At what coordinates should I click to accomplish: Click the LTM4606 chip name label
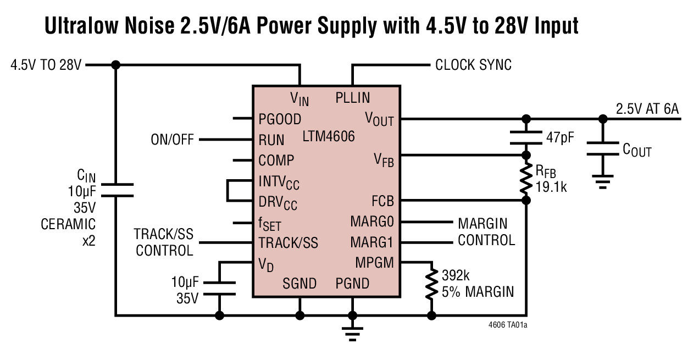tap(329, 136)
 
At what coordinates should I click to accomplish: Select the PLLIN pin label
tap(352, 98)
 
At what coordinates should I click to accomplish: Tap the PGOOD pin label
tap(280, 119)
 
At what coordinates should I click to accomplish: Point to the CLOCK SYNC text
tap(473, 65)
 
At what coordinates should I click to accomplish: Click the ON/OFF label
tap(172, 140)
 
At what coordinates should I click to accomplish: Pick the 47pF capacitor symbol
tap(526, 137)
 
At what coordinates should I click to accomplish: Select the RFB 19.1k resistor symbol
tap(526, 178)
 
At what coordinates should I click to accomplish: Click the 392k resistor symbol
tap(431, 283)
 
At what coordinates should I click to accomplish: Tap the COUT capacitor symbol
tap(603, 149)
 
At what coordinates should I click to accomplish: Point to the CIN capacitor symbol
tap(115, 190)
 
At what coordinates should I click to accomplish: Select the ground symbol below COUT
tap(603, 181)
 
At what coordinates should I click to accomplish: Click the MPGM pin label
tap(374, 263)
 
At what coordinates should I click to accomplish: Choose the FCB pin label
tap(382, 201)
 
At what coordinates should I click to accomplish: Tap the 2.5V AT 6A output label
tap(647, 109)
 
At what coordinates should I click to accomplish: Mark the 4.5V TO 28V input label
tap(46, 65)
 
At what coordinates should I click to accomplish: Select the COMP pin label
tap(276, 160)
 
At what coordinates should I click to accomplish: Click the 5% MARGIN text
tap(478, 291)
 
